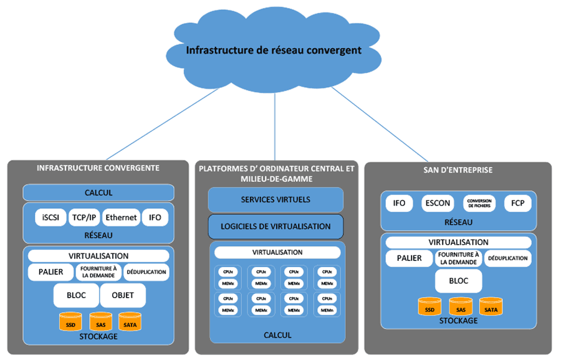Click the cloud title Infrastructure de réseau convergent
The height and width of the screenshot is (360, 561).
(274, 50)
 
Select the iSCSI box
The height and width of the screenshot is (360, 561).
(50, 217)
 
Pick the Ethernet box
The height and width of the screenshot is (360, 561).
(121, 217)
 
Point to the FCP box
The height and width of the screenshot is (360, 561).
(517, 203)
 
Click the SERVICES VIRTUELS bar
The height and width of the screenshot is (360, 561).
(276, 200)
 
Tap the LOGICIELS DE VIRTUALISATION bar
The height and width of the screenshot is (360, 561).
(276, 227)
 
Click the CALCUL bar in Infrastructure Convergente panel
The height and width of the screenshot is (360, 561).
(98, 192)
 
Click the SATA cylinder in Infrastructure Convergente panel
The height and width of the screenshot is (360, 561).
(130, 323)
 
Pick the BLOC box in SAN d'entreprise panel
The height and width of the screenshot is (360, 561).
(459, 281)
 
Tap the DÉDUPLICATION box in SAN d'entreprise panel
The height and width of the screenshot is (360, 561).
(507, 258)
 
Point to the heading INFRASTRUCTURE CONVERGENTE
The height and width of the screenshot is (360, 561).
(98, 168)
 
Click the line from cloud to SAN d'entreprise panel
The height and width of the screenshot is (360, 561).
(380, 125)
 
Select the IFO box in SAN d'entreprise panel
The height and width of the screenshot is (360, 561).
(399, 203)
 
